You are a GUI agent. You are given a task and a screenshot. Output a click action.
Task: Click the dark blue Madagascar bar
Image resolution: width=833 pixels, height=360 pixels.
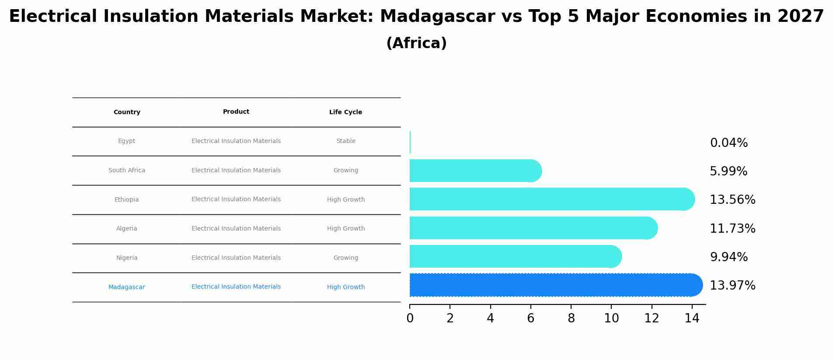coord(555,285)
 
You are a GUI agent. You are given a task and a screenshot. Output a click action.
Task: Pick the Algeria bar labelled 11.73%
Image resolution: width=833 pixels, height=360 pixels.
coord(533,228)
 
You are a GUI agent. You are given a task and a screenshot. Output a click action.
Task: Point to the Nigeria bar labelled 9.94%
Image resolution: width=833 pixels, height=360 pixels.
coord(515,256)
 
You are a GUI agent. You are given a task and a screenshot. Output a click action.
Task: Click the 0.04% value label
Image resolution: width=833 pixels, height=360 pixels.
coord(728,143)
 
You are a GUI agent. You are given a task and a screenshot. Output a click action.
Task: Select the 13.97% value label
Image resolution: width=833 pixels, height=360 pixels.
coord(732,286)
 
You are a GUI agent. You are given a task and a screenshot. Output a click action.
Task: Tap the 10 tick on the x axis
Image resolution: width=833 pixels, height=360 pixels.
coord(611,318)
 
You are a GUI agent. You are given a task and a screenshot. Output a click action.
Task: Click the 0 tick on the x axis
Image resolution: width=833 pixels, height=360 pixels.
coord(410,318)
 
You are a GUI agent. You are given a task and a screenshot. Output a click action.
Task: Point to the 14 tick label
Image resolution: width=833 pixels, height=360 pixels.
coord(692,318)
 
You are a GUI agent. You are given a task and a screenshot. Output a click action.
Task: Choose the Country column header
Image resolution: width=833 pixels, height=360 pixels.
coord(127,112)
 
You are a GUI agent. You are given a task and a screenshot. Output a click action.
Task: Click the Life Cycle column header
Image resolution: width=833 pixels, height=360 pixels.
coord(345,112)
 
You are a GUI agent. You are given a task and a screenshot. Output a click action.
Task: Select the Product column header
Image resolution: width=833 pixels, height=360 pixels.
coord(236,112)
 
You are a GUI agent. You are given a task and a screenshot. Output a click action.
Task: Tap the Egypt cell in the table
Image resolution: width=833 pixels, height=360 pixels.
coord(127,141)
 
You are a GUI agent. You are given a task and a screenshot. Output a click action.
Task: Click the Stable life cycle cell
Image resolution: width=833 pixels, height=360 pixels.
coord(345,141)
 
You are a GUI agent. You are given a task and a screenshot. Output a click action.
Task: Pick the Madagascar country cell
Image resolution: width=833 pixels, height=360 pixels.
coord(127,287)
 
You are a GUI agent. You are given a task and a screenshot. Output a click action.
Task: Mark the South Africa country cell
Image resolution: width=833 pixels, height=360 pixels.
coord(127,171)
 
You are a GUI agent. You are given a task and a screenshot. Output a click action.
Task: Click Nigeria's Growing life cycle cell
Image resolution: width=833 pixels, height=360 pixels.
coord(345,258)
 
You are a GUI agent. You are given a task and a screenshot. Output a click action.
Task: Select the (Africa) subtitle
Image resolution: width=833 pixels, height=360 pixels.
coord(416,43)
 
